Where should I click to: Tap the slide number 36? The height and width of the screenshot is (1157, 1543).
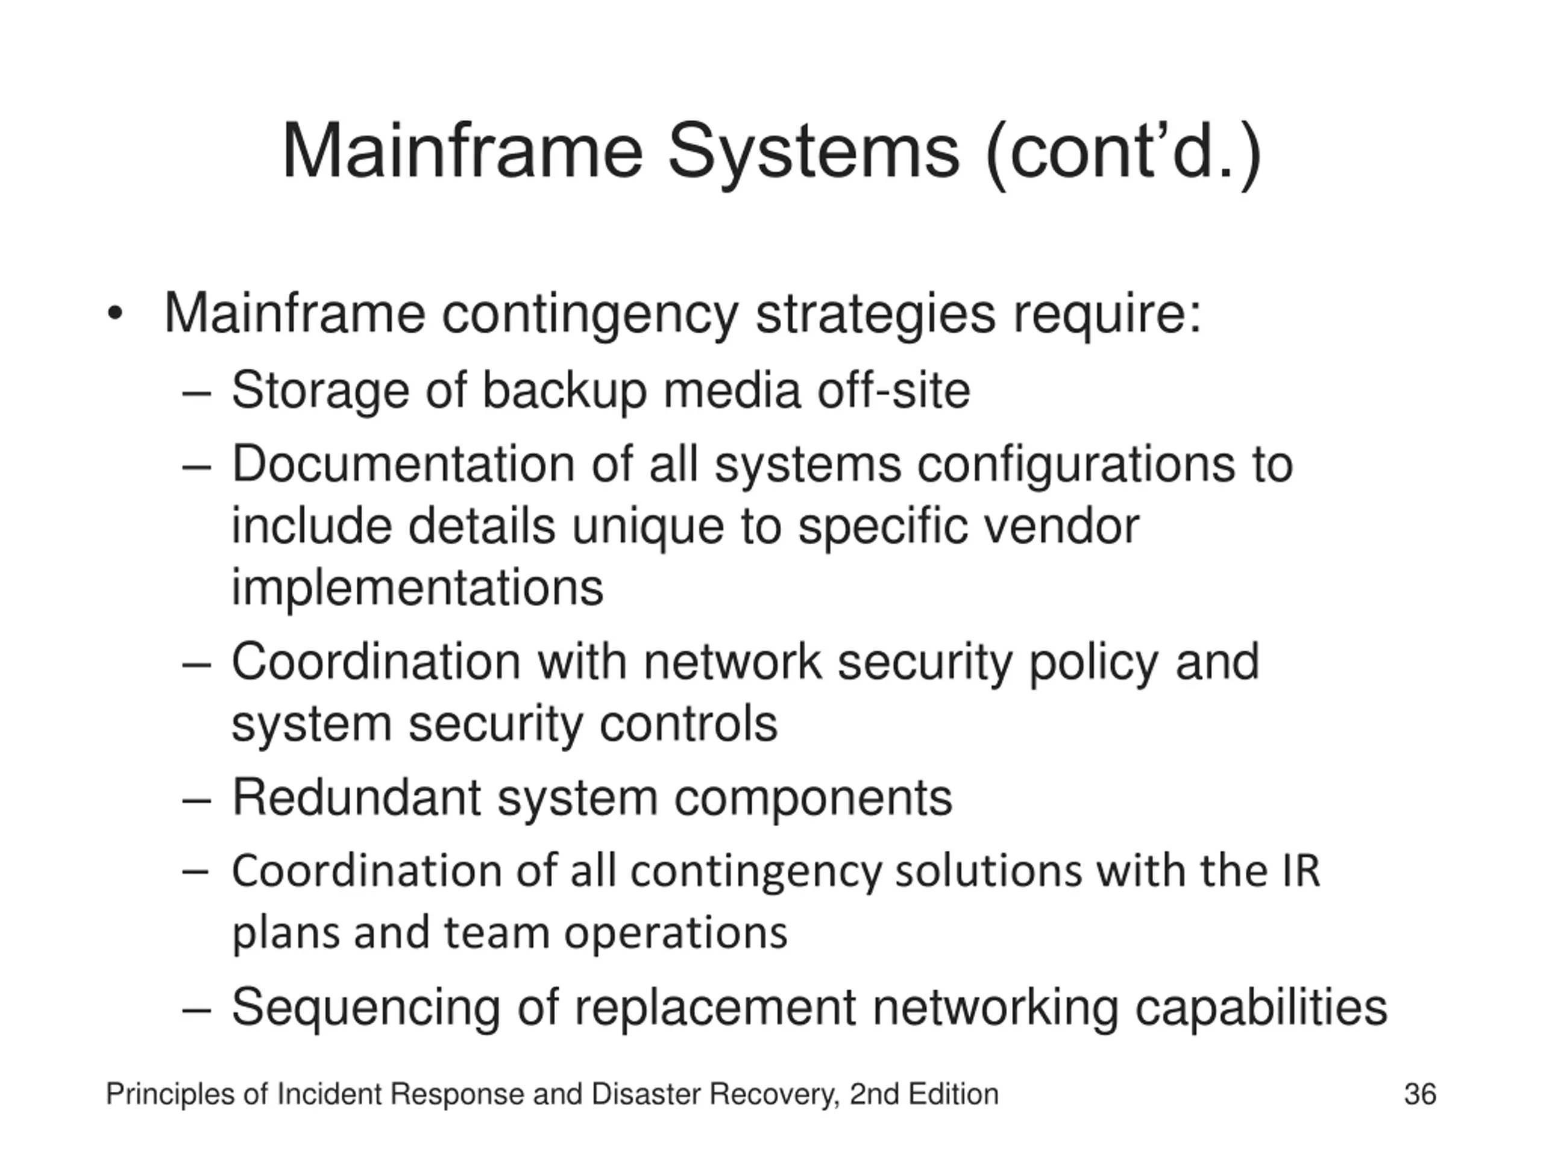(x=1419, y=1094)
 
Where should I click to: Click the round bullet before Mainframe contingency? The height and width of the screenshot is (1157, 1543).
(x=115, y=314)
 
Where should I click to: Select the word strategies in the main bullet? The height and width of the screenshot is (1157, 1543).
(x=875, y=315)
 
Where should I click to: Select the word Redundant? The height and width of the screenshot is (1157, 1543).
(x=356, y=797)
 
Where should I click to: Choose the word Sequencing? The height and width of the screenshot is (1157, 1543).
(x=365, y=1008)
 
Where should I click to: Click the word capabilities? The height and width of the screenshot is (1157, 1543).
(x=1261, y=1008)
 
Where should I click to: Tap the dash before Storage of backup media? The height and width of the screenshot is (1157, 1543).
(x=196, y=393)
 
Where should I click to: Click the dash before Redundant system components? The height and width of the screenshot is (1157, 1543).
(x=196, y=800)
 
